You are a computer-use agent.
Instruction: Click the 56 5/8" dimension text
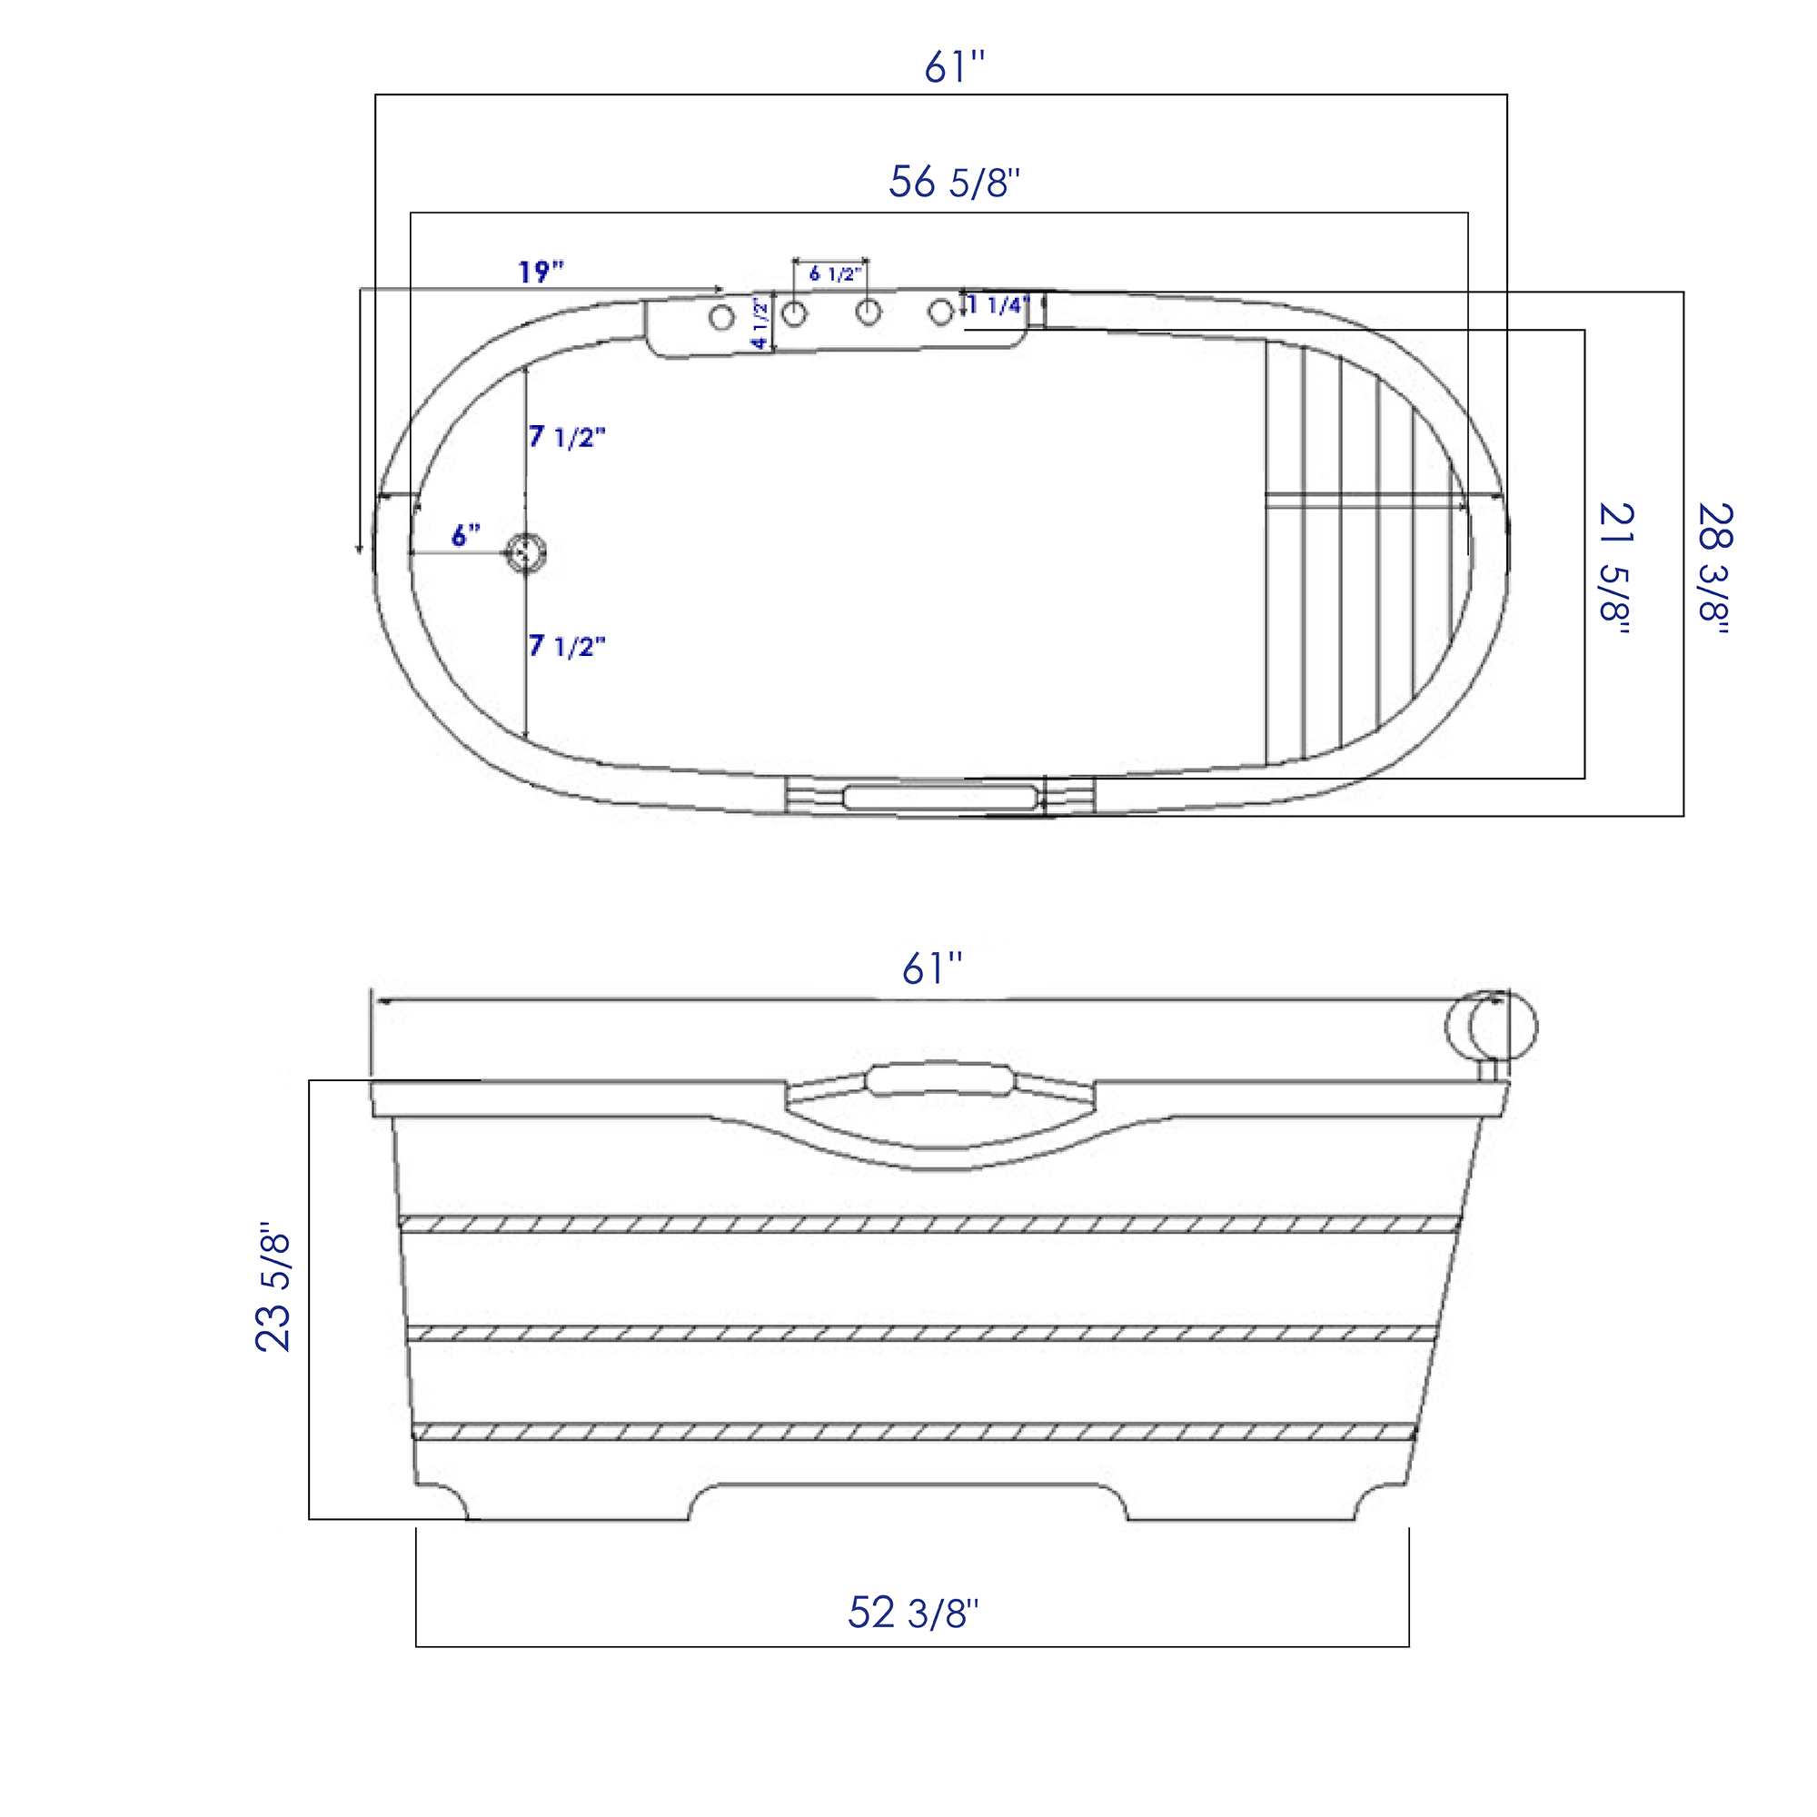(954, 182)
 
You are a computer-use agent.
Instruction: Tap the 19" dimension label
(541, 272)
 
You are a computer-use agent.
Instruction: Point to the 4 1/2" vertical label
(760, 324)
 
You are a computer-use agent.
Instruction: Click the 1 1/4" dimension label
(999, 304)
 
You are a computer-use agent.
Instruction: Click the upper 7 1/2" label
(566, 436)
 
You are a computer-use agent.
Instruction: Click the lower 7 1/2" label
(566, 645)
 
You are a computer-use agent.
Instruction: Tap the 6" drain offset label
(465, 535)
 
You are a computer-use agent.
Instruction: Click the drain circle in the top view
(526, 552)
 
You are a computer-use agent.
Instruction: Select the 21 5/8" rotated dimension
(1614, 569)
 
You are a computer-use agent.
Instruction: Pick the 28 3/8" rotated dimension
(1713, 569)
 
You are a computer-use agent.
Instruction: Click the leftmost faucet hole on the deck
(721, 318)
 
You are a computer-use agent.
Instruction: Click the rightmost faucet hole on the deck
(940, 313)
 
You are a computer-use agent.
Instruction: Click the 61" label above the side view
(932, 968)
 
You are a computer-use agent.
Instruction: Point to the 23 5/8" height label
(273, 1287)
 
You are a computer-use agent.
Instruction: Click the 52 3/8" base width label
(912, 1612)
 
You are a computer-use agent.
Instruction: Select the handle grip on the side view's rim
(938, 1077)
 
